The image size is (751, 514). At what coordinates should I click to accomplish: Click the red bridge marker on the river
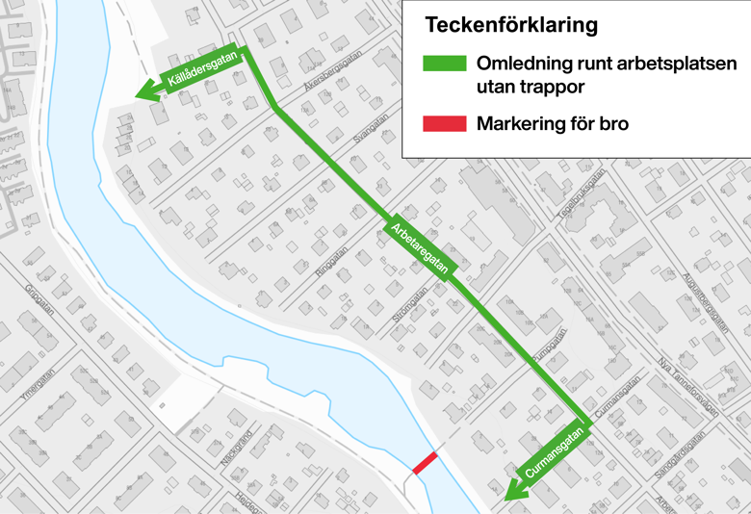[x=425, y=462]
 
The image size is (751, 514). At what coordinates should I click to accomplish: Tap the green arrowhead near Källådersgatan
[x=146, y=93]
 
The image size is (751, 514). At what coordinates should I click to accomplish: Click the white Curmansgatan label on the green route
[x=555, y=453]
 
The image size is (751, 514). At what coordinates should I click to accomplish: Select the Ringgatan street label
[x=329, y=263]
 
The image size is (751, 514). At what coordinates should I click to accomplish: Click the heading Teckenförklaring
[x=510, y=24]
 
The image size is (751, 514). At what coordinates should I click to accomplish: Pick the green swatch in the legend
[x=444, y=64]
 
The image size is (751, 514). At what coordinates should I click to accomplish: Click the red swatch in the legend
[x=444, y=123]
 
